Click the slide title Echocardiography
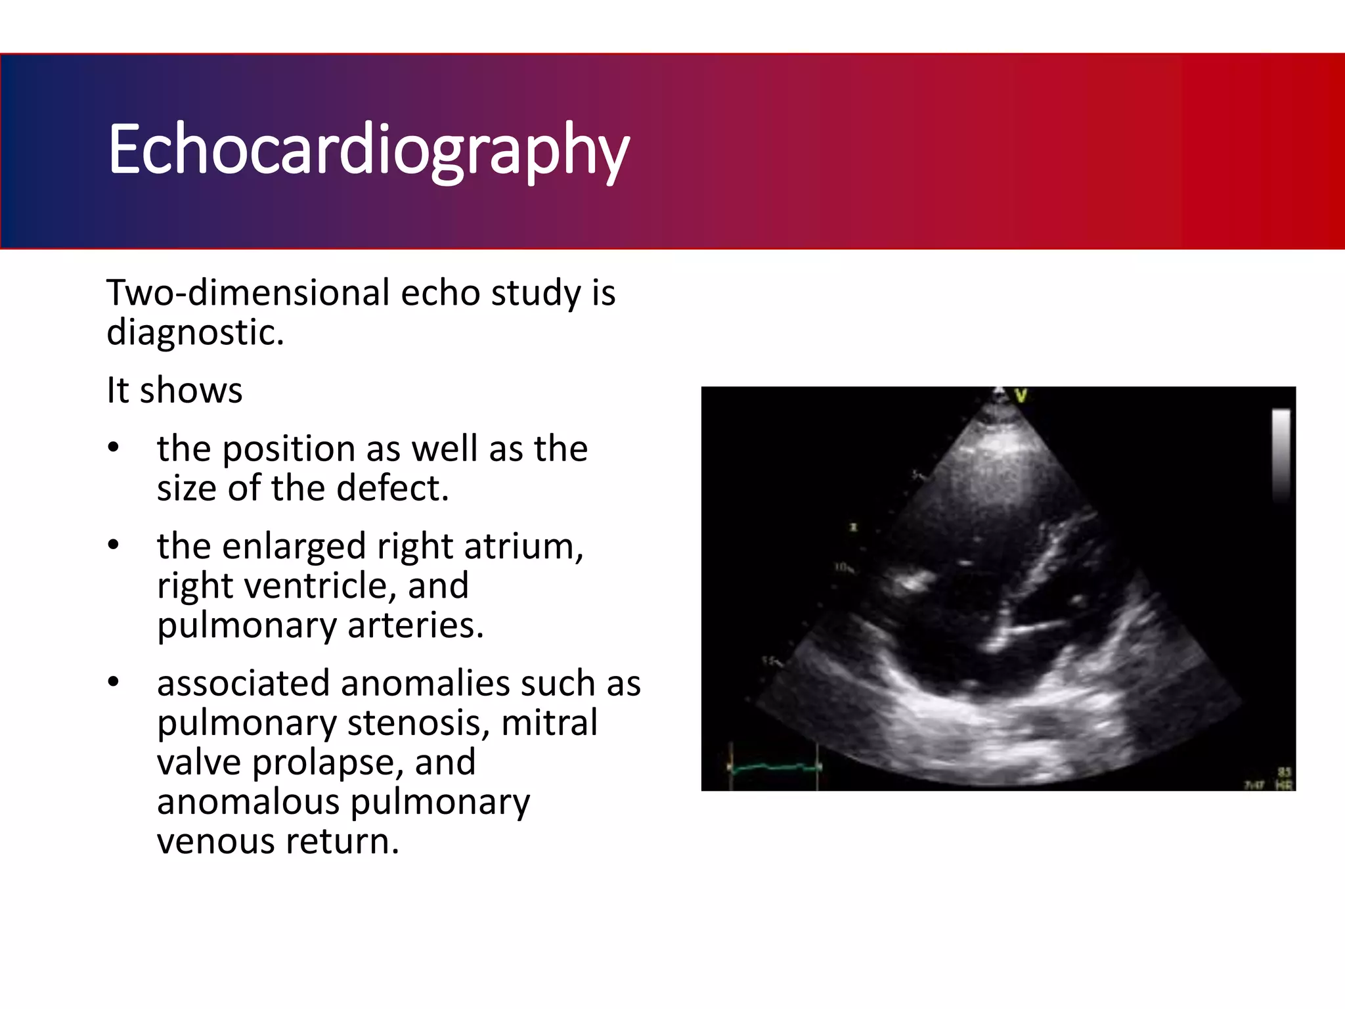(x=368, y=150)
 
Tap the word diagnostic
(x=194, y=332)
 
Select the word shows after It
(x=191, y=390)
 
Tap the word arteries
(x=415, y=625)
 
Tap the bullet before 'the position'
(x=114, y=448)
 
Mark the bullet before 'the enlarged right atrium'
(x=114, y=545)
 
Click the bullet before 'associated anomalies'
(x=114, y=683)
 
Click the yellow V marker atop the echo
(x=1021, y=395)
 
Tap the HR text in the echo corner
(x=1283, y=785)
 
